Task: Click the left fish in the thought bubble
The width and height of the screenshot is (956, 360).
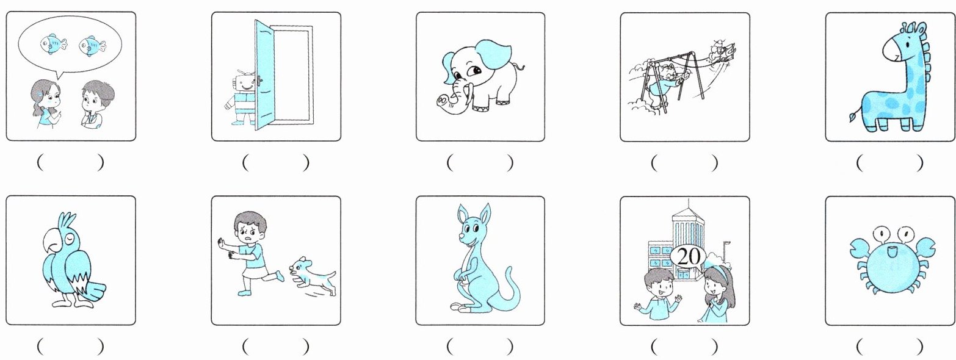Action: coord(53,43)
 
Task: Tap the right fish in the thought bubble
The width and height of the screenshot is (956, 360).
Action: coord(92,45)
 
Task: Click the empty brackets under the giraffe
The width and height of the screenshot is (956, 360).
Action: coord(890,162)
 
